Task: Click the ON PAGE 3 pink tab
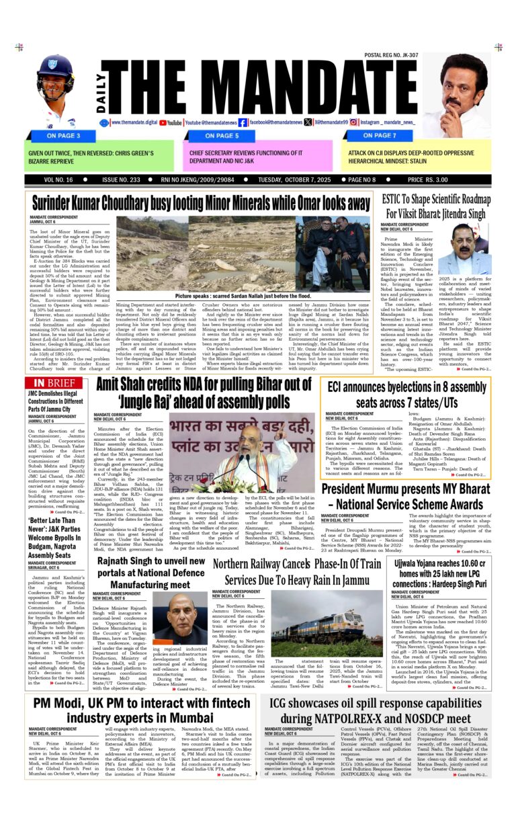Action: click(x=64, y=135)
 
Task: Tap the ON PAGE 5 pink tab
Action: click(x=222, y=135)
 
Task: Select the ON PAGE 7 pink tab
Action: click(x=379, y=135)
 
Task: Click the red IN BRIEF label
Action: click(x=57, y=382)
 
